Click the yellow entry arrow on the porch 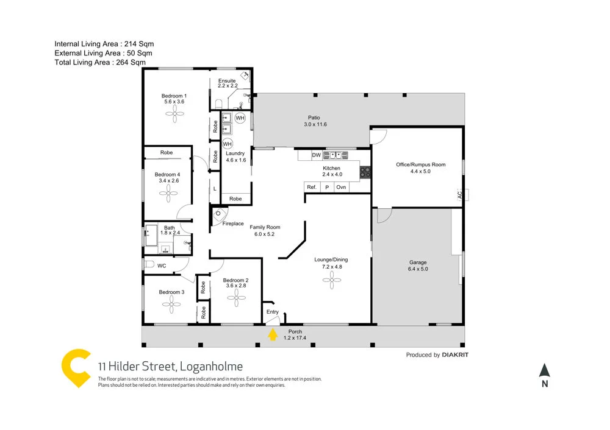pyautogui.click(x=272, y=334)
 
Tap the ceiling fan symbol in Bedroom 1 pyautogui.click(x=174, y=113)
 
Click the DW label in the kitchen pyautogui.click(x=316, y=155)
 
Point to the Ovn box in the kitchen pyautogui.click(x=341, y=187)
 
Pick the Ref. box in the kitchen pyautogui.click(x=312, y=187)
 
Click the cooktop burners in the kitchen pyautogui.click(x=365, y=172)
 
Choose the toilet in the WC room pyautogui.click(x=148, y=265)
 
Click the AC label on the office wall pyautogui.click(x=459, y=195)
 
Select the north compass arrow pyautogui.click(x=545, y=370)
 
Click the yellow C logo pyautogui.click(x=76, y=368)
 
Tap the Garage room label pyautogui.click(x=418, y=263)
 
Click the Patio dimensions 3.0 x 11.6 pyautogui.click(x=315, y=124)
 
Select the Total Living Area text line pyautogui.click(x=100, y=62)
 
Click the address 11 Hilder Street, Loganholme pyautogui.click(x=170, y=366)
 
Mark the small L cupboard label pyautogui.click(x=215, y=189)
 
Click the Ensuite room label pyautogui.click(x=227, y=81)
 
